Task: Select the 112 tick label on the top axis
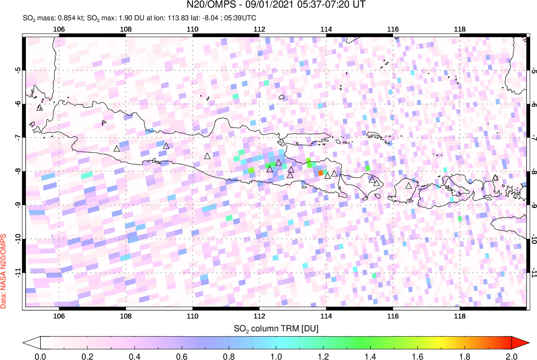[x=259, y=29]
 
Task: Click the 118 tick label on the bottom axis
[x=459, y=316]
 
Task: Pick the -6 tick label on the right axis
[x=534, y=104]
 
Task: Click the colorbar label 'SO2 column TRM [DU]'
[x=276, y=328]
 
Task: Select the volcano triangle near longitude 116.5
[x=408, y=185]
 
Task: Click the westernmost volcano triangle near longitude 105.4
[x=40, y=108]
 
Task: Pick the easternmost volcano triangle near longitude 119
[x=495, y=178]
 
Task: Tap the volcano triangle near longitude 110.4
[x=207, y=156]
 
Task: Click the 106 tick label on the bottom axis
[x=59, y=316]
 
